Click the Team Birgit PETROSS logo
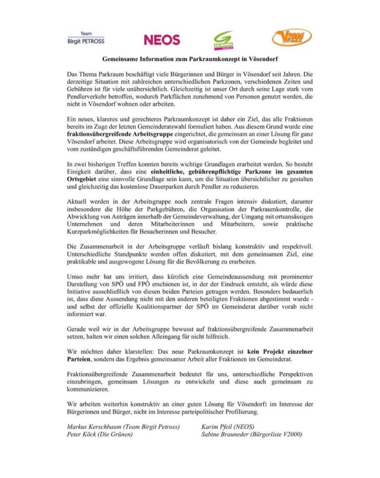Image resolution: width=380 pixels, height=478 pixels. [86, 38]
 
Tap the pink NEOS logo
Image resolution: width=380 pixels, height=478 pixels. [162, 40]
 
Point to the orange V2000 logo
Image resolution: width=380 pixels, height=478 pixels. [292, 37]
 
